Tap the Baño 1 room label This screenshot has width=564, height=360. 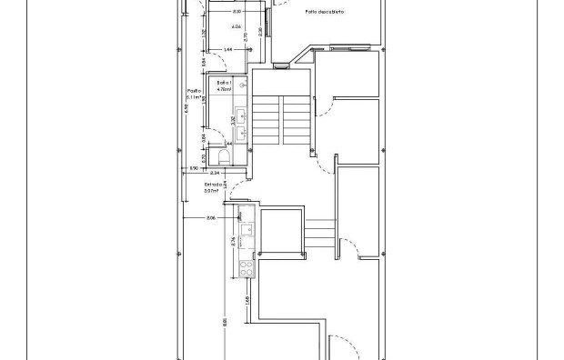pos(223,83)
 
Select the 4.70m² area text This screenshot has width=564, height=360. pos(223,89)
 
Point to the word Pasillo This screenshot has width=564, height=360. pos(194,91)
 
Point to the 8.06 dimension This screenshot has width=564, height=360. pos(211,217)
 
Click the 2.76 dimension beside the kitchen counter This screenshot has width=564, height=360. pos(235,241)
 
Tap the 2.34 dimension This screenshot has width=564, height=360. pos(215,171)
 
